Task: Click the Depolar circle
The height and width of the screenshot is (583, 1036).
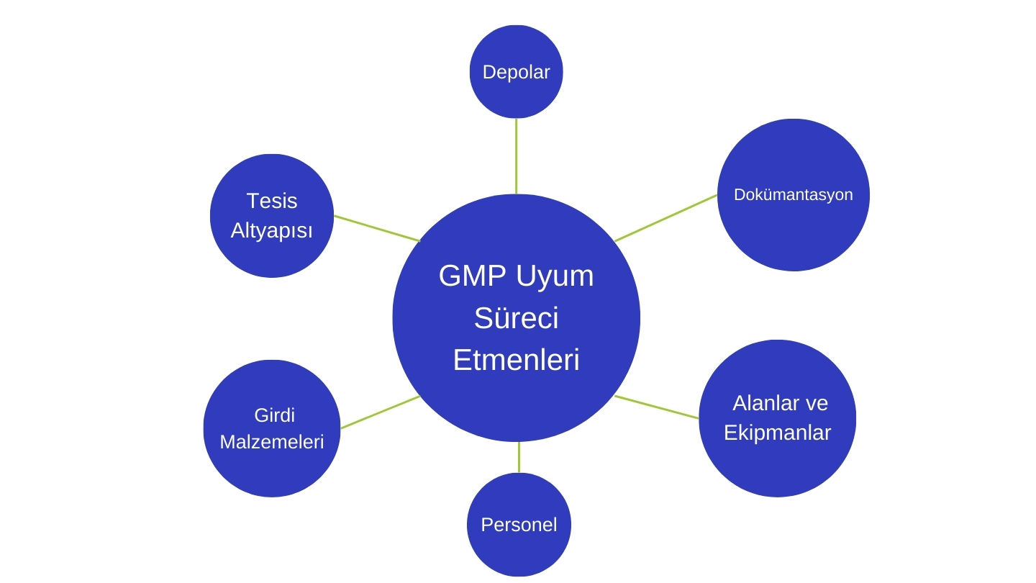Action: tap(516, 72)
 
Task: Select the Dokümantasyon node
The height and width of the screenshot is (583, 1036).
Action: tap(793, 194)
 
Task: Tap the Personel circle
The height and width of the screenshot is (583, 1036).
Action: tap(519, 525)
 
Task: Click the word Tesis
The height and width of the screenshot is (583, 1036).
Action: tap(271, 201)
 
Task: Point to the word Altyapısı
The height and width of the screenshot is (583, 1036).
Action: tap(271, 231)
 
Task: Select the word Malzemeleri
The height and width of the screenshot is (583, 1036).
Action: tap(271, 442)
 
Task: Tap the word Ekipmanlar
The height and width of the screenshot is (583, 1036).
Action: tap(777, 433)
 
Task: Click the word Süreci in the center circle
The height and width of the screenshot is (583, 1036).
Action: tap(516, 318)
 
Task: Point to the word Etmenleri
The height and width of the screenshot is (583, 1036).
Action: tap(516, 360)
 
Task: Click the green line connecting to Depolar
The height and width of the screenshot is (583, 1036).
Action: tap(516, 156)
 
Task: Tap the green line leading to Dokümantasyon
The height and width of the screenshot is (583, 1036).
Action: tap(665, 218)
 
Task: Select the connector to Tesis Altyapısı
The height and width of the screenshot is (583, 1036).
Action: tap(376, 227)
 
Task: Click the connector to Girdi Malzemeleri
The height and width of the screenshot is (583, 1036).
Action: tap(380, 412)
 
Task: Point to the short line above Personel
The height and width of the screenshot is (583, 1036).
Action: tap(519, 458)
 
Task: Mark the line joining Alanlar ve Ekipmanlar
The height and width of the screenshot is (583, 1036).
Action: tap(656, 407)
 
